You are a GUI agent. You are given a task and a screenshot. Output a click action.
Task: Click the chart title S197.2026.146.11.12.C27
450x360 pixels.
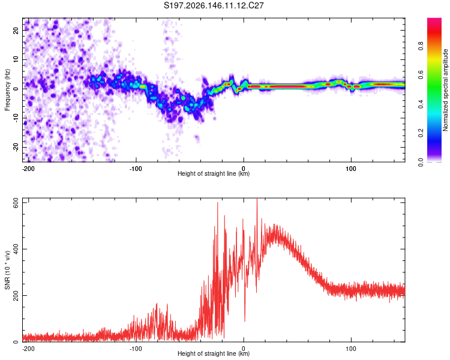click(214, 5)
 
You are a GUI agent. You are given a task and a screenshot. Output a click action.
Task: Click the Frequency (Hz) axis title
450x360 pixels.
click(7, 90)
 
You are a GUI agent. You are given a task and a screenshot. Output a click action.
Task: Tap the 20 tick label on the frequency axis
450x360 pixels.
click(16, 30)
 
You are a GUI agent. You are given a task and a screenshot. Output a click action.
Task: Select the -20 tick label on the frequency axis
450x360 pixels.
click(16, 147)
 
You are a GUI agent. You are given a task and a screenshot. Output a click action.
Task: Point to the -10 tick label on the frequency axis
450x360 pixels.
click(16, 118)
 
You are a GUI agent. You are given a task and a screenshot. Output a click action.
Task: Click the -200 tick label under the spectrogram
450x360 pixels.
click(28, 169)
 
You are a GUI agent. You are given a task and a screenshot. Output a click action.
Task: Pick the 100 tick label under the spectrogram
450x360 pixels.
click(351, 169)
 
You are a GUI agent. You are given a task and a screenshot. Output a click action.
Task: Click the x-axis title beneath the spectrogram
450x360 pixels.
click(214, 173)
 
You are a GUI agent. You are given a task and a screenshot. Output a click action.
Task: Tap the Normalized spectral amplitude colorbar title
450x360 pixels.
click(445, 90)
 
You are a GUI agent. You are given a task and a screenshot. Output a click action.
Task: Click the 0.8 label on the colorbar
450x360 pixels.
click(421, 46)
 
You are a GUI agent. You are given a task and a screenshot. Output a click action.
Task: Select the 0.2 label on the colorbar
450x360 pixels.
click(421, 133)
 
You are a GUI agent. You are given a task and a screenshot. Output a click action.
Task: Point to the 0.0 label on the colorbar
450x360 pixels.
click(421, 162)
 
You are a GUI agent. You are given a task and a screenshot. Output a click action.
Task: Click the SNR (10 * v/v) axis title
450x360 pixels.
click(7, 270)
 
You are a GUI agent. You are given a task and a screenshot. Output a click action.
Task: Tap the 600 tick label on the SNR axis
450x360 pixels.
click(16, 204)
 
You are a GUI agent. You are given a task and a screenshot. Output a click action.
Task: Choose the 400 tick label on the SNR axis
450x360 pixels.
click(16, 249)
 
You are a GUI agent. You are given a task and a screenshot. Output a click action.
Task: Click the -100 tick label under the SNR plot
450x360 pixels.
click(136, 349)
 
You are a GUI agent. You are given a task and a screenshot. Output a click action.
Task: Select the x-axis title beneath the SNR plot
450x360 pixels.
click(214, 353)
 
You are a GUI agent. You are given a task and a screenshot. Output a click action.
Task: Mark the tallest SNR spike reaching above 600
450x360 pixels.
click(257, 199)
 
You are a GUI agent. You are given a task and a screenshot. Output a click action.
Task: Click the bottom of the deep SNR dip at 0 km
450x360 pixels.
click(245, 321)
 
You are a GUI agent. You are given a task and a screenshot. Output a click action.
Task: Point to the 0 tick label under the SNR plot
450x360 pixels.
click(244, 349)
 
